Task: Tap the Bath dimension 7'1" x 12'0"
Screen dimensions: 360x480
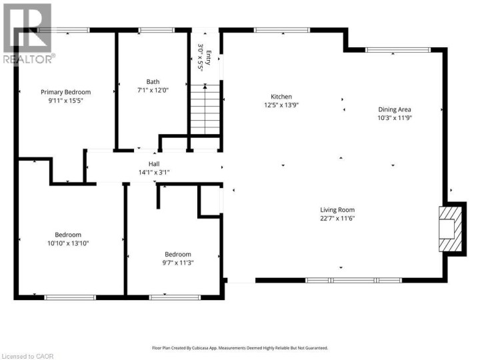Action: pyautogui.click(x=153, y=90)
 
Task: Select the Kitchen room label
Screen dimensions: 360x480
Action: pyautogui.click(x=281, y=97)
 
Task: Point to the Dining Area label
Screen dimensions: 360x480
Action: pyautogui.click(x=395, y=109)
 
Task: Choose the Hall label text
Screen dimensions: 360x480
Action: pyautogui.click(x=154, y=163)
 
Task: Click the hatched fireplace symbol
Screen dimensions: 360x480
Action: pyautogui.click(x=448, y=229)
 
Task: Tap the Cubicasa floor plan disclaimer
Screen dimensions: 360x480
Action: pyautogui.click(x=240, y=348)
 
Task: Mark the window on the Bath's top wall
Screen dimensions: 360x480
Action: pyautogui.click(x=157, y=29)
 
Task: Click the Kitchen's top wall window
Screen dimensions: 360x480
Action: pyautogui.click(x=281, y=29)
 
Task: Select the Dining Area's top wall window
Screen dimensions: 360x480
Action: pyautogui.click(x=398, y=49)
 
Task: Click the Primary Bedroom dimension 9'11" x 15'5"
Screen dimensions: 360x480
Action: pyautogui.click(x=65, y=101)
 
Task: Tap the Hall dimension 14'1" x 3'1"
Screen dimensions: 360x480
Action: pyautogui.click(x=154, y=172)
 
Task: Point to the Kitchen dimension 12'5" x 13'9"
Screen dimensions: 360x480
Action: pyautogui.click(x=281, y=105)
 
